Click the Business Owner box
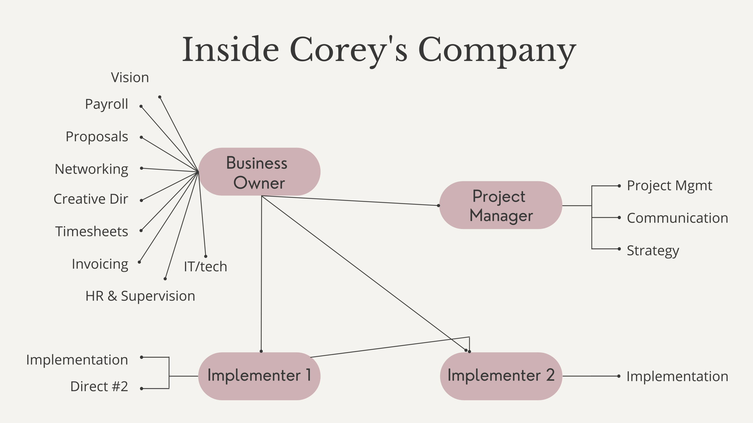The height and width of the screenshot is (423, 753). pos(259,172)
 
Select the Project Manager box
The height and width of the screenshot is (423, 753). pos(501,205)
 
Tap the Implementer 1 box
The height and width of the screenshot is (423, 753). pos(259,376)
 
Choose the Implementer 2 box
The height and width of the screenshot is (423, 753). pos(501,376)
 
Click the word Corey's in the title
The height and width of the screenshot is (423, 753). pos(348,50)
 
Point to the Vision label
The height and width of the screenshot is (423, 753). pos(130,78)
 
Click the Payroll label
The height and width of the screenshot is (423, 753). pos(106,104)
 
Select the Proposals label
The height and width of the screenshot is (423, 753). pos(97,137)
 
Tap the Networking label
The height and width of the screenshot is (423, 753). pos(91,169)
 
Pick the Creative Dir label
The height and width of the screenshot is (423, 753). pos(91,199)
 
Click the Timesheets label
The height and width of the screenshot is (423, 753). pos(92,232)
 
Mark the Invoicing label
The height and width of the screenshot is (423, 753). pos(100,264)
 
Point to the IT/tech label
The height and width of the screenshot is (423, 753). pos(205,267)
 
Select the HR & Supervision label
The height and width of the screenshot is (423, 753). pos(140,296)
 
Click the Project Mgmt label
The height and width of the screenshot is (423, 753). pos(669,186)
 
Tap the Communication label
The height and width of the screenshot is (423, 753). pos(677,218)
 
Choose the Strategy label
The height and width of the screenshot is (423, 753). pos(653,251)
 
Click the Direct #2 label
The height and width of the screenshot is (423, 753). pos(99,387)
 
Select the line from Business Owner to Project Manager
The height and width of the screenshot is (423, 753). pos(349,201)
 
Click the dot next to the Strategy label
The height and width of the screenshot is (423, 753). pos(619,249)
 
